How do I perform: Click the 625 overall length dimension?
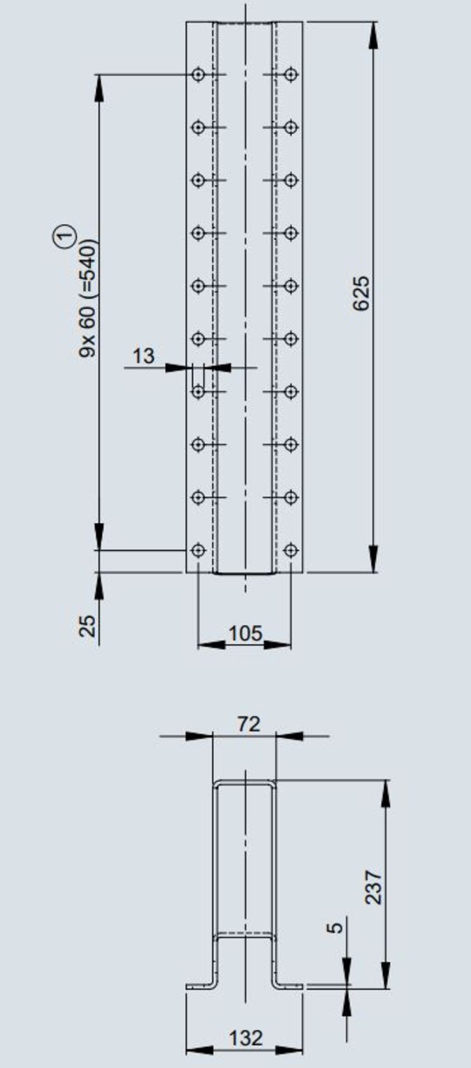[361, 293]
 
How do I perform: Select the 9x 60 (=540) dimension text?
[88, 298]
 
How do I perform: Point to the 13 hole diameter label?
[144, 356]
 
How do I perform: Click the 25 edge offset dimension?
[88, 626]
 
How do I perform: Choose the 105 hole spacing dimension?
[245, 633]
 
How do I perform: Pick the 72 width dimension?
[248, 724]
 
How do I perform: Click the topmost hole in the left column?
[198, 74]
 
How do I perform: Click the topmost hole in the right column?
[291, 74]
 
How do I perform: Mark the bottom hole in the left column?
[198, 550]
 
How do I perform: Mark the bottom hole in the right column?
[291, 550]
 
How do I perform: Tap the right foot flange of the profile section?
[290, 986]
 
